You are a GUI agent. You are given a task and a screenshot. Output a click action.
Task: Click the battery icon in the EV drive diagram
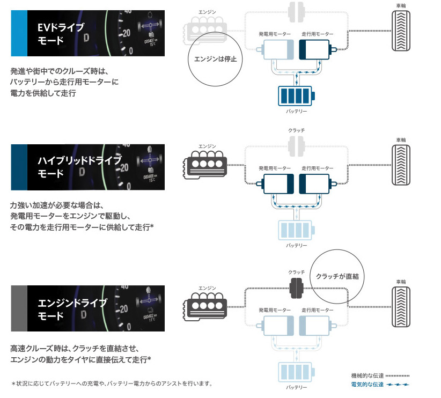coord(296,96)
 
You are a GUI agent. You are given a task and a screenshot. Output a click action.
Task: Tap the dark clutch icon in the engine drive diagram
coord(297,288)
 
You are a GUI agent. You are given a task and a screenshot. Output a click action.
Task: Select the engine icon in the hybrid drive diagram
coord(205,165)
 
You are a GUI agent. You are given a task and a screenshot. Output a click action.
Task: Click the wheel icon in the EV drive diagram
coord(401,31)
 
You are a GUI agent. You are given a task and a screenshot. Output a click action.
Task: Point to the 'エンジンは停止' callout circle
coord(188,59)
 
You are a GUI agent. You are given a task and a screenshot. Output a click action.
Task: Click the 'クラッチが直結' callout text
coord(337,276)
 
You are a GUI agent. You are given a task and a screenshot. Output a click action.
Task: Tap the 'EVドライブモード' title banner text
coord(61,34)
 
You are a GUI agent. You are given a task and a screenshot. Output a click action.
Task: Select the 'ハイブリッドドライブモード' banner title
coord(80,167)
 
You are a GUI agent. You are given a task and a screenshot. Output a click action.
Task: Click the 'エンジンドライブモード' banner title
coord(72,309)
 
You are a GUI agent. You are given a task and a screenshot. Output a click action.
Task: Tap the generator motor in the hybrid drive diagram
coord(275,184)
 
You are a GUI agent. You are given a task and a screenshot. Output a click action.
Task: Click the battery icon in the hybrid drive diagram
coord(296,230)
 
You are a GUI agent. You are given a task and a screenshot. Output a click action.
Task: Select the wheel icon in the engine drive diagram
coord(401,307)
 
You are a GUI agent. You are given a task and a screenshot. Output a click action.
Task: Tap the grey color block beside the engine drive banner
coord(19,308)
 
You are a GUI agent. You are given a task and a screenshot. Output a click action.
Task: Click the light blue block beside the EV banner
coord(19,33)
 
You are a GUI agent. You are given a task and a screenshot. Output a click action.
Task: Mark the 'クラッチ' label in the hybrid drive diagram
coord(297,130)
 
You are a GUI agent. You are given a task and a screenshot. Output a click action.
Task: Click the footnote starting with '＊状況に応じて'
coord(112,384)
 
